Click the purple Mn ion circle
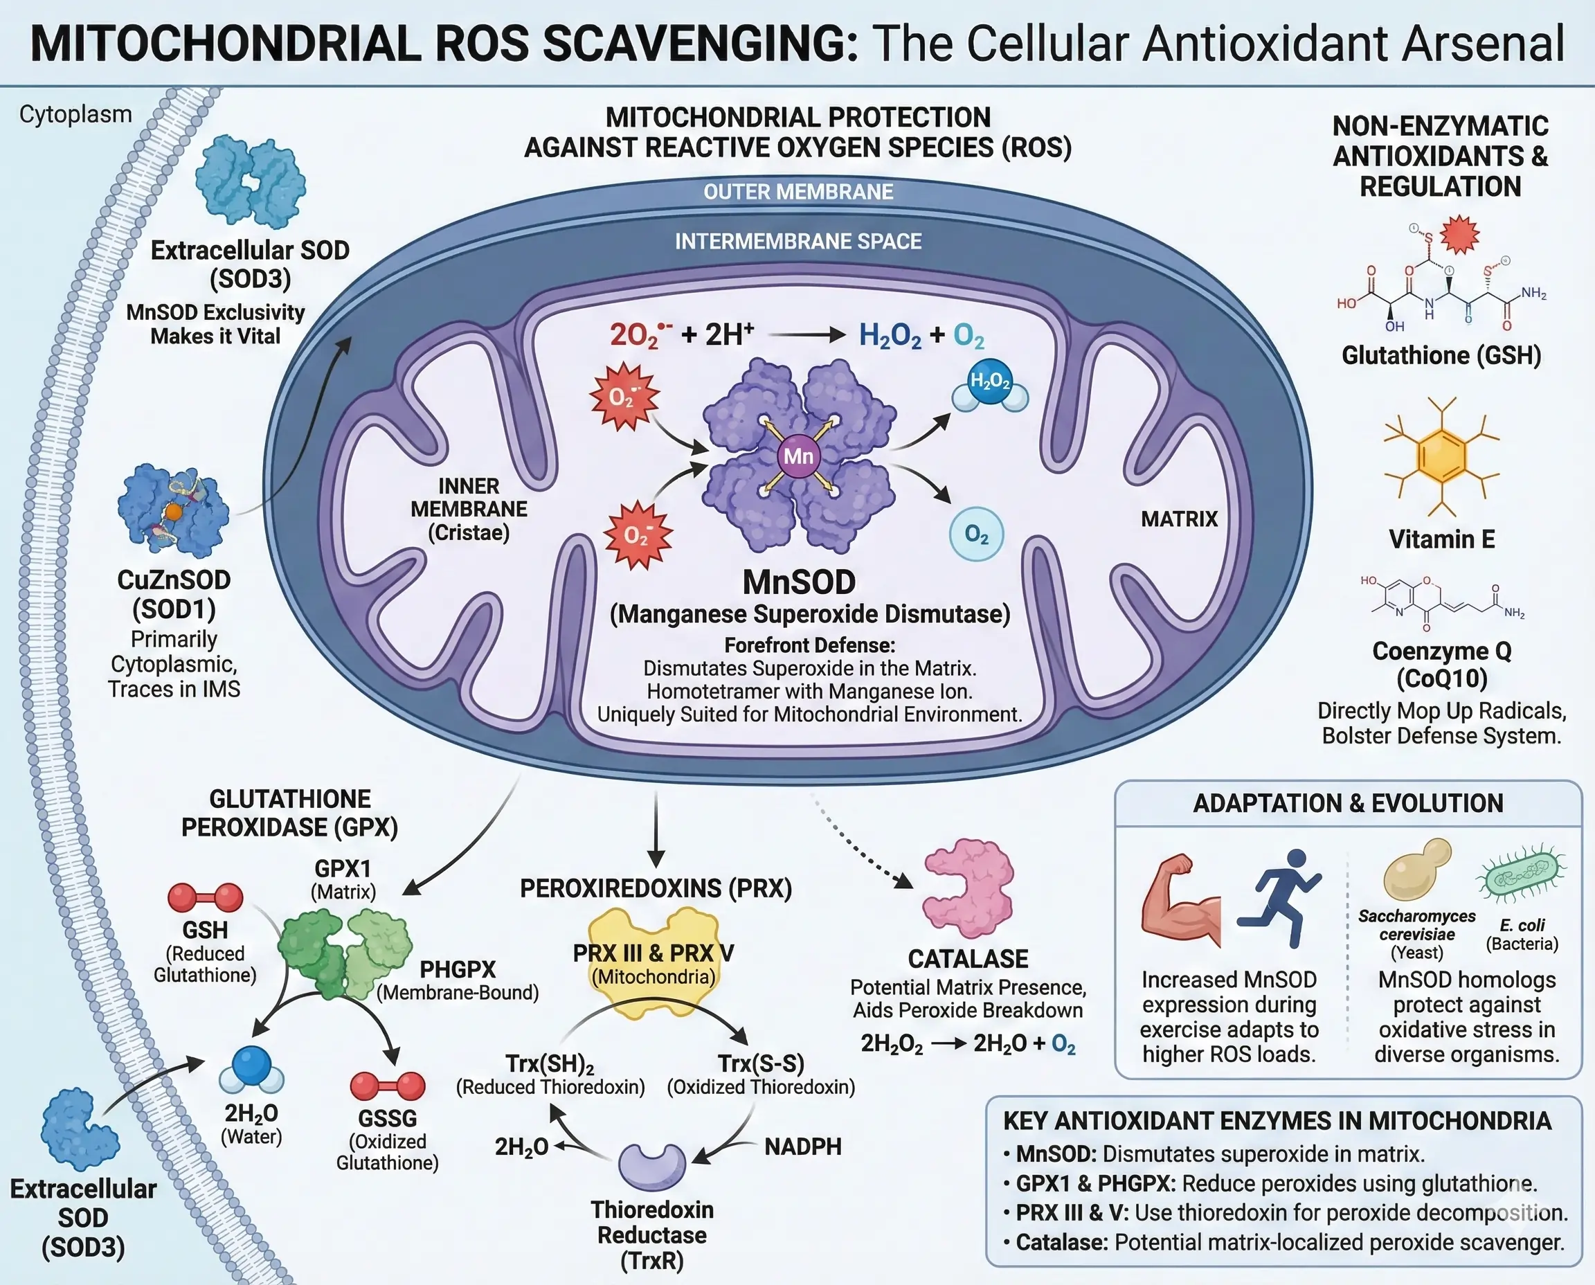(798, 456)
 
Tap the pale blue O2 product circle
(976, 534)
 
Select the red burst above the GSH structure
(1458, 235)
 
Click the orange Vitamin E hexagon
(1441, 456)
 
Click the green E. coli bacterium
(1521, 879)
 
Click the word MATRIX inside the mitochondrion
(1179, 519)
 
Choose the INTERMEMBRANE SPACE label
(798, 242)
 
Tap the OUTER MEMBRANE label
(798, 192)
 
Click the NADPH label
(802, 1147)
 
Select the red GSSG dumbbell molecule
(387, 1086)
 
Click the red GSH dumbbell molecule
(205, 897)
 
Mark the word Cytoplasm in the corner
(75, 115)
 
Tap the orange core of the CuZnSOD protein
(173, 512)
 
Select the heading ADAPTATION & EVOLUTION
(1348, 803)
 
